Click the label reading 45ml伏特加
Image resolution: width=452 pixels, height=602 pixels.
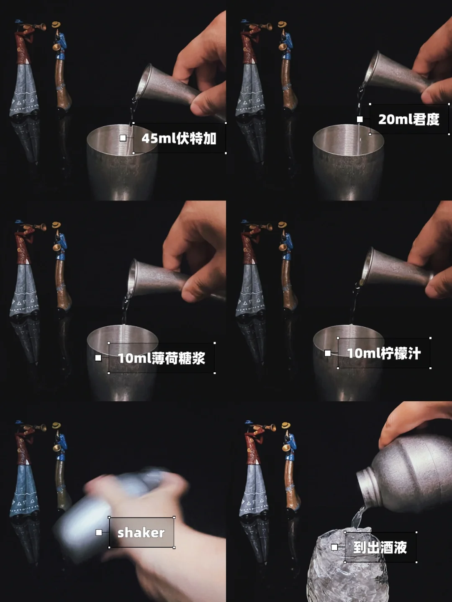(x=179, y=138)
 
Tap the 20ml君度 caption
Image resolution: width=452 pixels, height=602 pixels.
(x=408, y=119)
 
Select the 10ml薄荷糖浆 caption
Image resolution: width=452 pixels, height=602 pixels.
(x=161, y=358)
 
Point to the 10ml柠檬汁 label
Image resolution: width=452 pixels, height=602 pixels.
(x=384, y=353)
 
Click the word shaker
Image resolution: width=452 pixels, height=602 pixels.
(x=141, y=533)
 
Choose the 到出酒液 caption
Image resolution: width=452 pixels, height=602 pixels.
(x=380, y=548)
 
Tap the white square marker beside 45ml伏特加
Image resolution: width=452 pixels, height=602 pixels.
(x=123, y=138)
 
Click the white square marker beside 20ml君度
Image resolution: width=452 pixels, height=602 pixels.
(x=360, y=119)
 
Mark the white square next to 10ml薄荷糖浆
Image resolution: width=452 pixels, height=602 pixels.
(x=98, y=358)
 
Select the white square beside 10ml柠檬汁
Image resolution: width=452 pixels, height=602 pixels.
(x=327, y=353)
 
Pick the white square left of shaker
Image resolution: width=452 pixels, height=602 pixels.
(x=99, y=532)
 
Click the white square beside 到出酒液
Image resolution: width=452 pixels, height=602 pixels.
(x=334, y=547)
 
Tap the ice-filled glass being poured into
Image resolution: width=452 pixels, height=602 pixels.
(x=347, y=568)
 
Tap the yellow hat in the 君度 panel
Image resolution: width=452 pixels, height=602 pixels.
(x=282, y=25)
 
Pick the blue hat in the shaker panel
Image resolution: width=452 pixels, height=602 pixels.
(x=19, y=422)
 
